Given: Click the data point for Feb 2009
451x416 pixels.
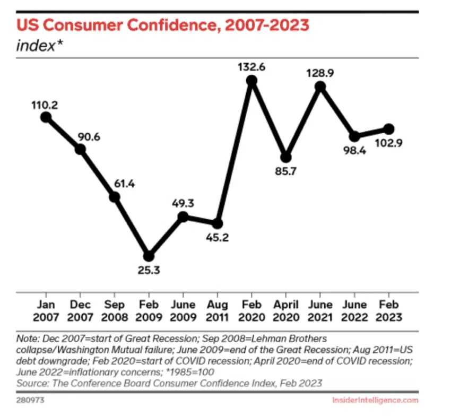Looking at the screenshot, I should (x=149, y=256).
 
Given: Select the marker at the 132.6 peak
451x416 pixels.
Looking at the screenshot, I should (x=251, y=81).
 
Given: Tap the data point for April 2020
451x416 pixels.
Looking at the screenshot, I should (x=286, y=157).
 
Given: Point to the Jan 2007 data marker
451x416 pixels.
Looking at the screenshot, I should (x=46, y=117).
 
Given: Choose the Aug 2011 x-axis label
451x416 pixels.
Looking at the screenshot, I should (x=217, y=311).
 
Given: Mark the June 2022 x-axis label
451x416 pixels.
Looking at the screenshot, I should (x=354, y=311).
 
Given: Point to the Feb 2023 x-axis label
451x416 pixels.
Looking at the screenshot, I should (x=388, y=311).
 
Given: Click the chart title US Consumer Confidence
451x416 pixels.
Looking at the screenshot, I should (x=163, y=24).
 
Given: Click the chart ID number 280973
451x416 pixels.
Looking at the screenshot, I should (x=29, y=400).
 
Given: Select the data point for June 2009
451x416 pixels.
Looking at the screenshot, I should (x=183, y=216).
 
